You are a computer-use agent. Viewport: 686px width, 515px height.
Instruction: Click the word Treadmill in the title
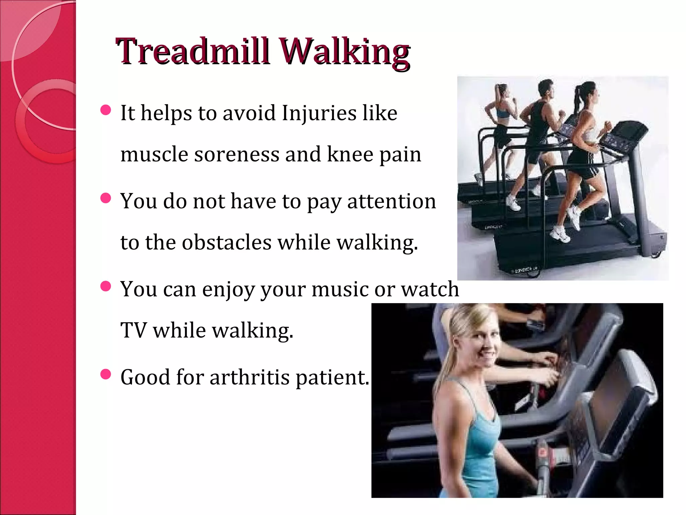pos(193,52)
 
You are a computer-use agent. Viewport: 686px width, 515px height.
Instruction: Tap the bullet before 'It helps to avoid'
pos(106,110)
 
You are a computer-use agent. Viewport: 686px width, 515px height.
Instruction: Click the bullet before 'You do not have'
pos(106,198)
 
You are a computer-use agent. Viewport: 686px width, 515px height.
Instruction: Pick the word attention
pos(392,202)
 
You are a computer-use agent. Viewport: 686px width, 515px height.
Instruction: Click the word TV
pos(133,330)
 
